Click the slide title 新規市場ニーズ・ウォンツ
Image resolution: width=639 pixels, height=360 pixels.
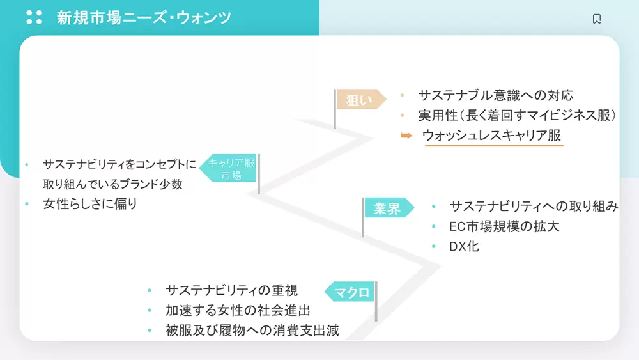144,17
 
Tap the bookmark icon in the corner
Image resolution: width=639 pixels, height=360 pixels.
597,19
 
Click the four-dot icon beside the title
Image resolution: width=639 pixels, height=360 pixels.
34,17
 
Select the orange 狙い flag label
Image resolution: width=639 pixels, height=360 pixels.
361,100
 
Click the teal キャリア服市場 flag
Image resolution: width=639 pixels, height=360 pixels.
229,168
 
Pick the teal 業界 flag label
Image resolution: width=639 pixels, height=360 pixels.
389,208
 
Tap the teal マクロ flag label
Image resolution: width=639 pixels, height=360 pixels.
350,292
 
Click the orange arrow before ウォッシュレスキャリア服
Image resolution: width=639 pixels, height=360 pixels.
406,136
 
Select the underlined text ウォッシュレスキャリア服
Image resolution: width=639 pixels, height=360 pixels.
491,136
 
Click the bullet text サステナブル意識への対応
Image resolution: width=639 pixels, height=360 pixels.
496,95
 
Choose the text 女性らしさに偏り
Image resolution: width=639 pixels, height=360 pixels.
90,204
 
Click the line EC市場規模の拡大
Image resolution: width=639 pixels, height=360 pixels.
504,226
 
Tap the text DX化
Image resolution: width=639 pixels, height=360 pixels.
464,246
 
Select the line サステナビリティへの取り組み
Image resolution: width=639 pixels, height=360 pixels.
534,207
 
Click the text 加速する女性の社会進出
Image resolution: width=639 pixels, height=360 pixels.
238,310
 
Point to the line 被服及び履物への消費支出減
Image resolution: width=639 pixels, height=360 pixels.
252,330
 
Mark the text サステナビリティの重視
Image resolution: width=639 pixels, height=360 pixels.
231,290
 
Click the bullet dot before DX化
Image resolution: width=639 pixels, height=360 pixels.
434,246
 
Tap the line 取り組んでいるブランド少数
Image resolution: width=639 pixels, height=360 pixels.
112,184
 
